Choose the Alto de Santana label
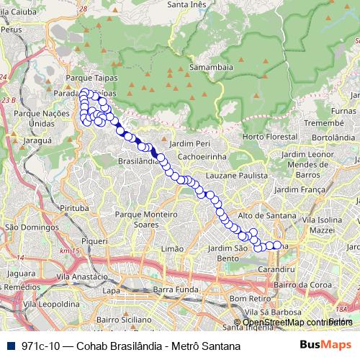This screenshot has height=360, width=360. click(x=266, y=215)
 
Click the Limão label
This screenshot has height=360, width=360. click(x=174, y=248)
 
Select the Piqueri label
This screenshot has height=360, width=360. click(x=94, y=242)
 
